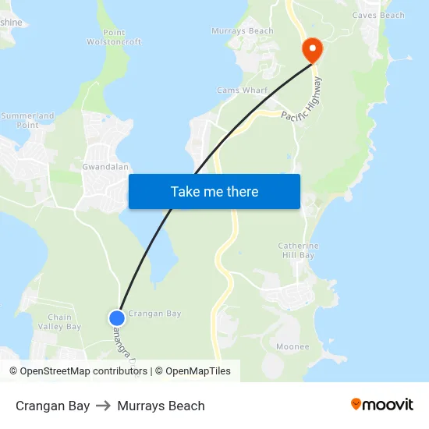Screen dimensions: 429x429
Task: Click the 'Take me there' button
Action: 214,191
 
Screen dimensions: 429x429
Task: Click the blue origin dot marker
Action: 117,317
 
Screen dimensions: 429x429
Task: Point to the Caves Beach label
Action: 378,15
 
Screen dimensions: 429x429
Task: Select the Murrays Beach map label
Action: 243,31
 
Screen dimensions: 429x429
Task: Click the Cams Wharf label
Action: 242,90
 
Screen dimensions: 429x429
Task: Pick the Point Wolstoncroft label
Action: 114,37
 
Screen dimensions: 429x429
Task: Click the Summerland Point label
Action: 27,120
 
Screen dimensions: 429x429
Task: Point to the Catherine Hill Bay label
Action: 298,250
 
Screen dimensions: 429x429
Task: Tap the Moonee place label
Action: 292,346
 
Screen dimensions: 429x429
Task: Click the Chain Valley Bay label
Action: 64,321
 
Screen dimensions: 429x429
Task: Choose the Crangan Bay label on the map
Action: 154,314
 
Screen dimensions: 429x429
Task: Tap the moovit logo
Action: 382,405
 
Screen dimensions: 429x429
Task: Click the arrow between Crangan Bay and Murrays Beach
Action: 104,406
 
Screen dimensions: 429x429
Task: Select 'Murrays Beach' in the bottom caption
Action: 161,406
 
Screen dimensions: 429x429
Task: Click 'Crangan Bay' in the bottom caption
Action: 52,406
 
